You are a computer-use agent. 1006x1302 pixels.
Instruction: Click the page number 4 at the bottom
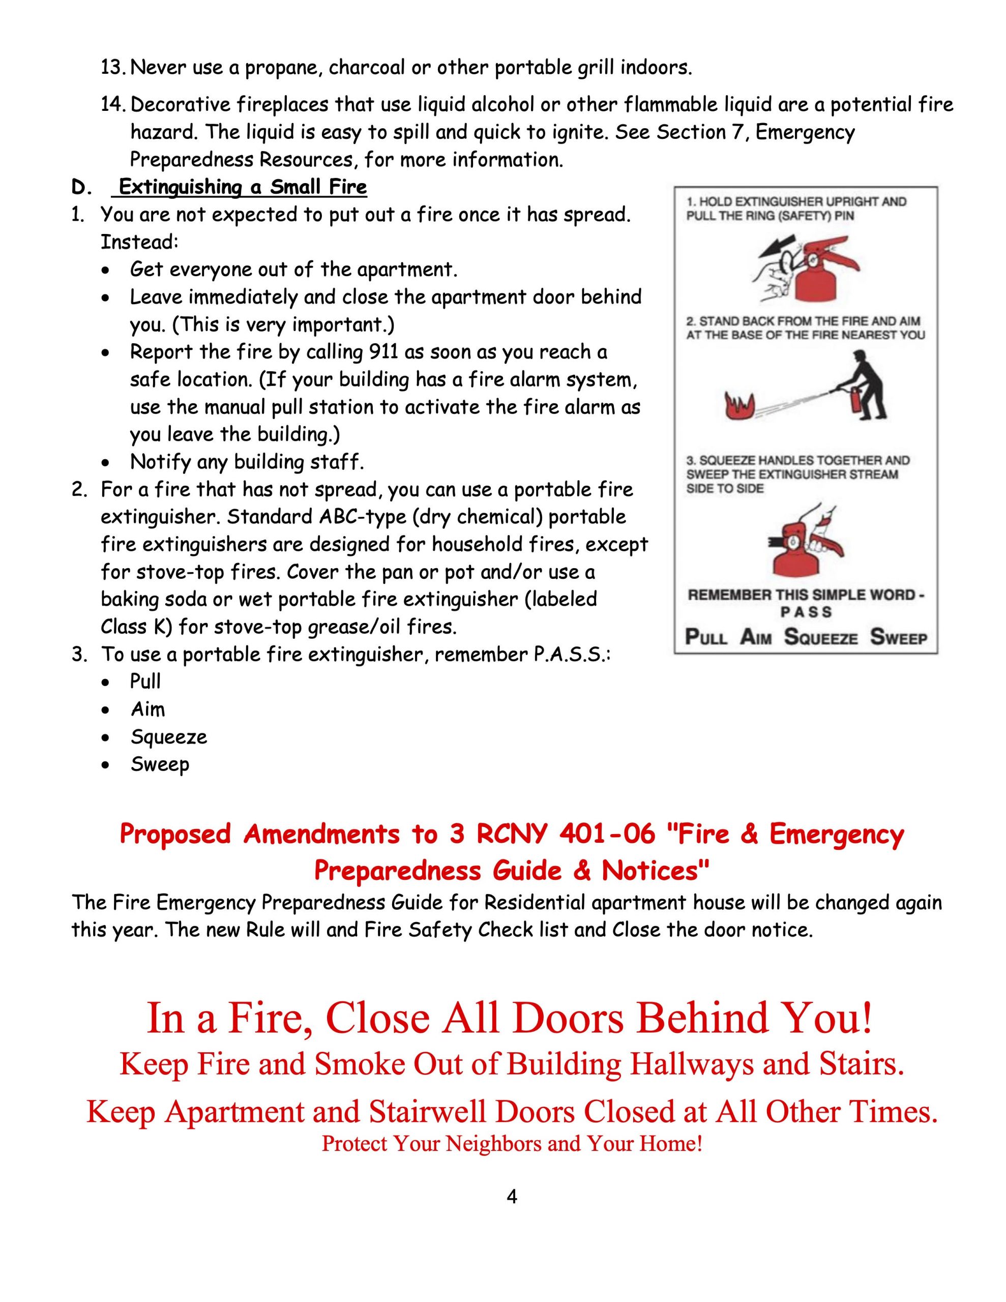coord(511,1197)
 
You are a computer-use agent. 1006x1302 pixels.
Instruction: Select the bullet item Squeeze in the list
coord(169,737)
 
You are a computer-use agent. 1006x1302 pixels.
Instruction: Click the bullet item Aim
coord(148,709)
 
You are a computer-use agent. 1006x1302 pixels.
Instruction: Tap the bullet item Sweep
coord(160,764)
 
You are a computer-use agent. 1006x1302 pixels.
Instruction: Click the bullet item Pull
coord(145,682)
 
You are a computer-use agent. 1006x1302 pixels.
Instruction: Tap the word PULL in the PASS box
coord(706,637)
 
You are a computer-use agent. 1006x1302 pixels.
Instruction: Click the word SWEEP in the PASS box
coord(899,637)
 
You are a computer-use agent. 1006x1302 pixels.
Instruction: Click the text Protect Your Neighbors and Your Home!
coord(512,1143)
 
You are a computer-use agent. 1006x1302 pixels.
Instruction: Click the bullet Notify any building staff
coord(246,462)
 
